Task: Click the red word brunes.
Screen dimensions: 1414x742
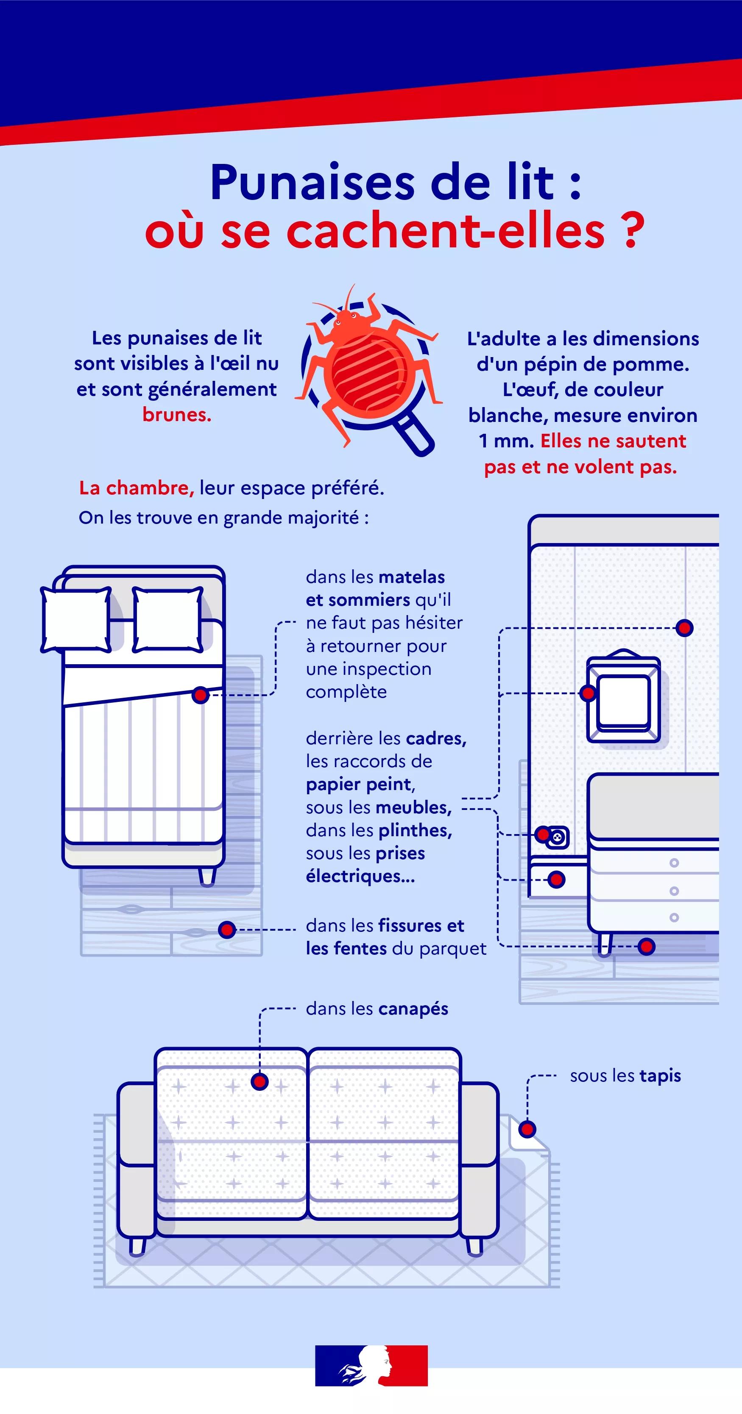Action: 177,414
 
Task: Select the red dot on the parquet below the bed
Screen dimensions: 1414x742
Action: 227,929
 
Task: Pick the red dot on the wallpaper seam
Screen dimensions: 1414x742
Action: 684,627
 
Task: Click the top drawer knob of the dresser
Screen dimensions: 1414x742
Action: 674,863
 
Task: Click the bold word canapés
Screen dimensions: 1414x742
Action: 413,1009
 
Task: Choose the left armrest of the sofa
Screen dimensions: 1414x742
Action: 136,1158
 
